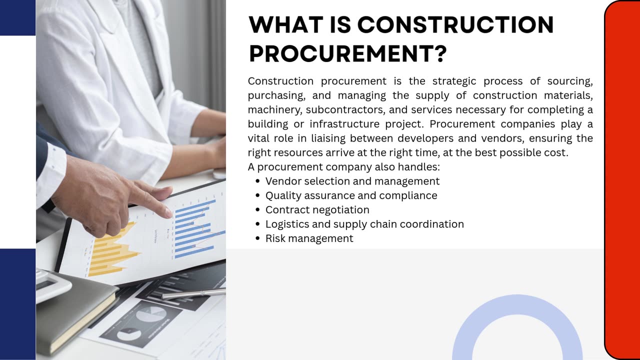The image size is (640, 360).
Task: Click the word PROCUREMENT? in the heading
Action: pos(347,53)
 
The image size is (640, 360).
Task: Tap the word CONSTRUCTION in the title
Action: pos(455,24)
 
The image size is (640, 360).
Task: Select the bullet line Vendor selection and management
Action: pos(352,181)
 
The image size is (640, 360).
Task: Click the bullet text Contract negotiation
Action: pos(317,209)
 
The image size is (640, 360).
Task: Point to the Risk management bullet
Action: pos(309,238)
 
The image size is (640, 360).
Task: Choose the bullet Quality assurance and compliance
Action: pos(351,195)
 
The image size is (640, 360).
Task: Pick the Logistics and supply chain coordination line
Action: pos(364,224)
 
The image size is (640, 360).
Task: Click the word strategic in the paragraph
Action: pos(454,81)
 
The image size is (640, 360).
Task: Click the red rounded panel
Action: pos(622,180)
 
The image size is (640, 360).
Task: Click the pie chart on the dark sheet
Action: pos(150,314)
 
